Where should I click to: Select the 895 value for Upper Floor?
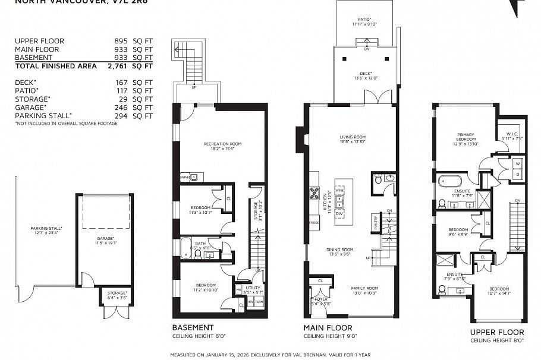(x=122, y=41)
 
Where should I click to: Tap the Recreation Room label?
(x=222, y=144)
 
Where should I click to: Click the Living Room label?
(x=353, y=137)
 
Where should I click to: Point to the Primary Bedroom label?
(x=466, y=137)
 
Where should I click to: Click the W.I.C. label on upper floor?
(x=514, y=134)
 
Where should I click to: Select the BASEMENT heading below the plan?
(x=193, y=327)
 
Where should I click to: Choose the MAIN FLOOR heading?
(x=328, y=327)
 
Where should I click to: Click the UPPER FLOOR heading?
(x=497, y=332)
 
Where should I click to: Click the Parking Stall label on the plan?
(x=46, y=228)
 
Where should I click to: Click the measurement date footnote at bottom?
(x=270, y=355)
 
